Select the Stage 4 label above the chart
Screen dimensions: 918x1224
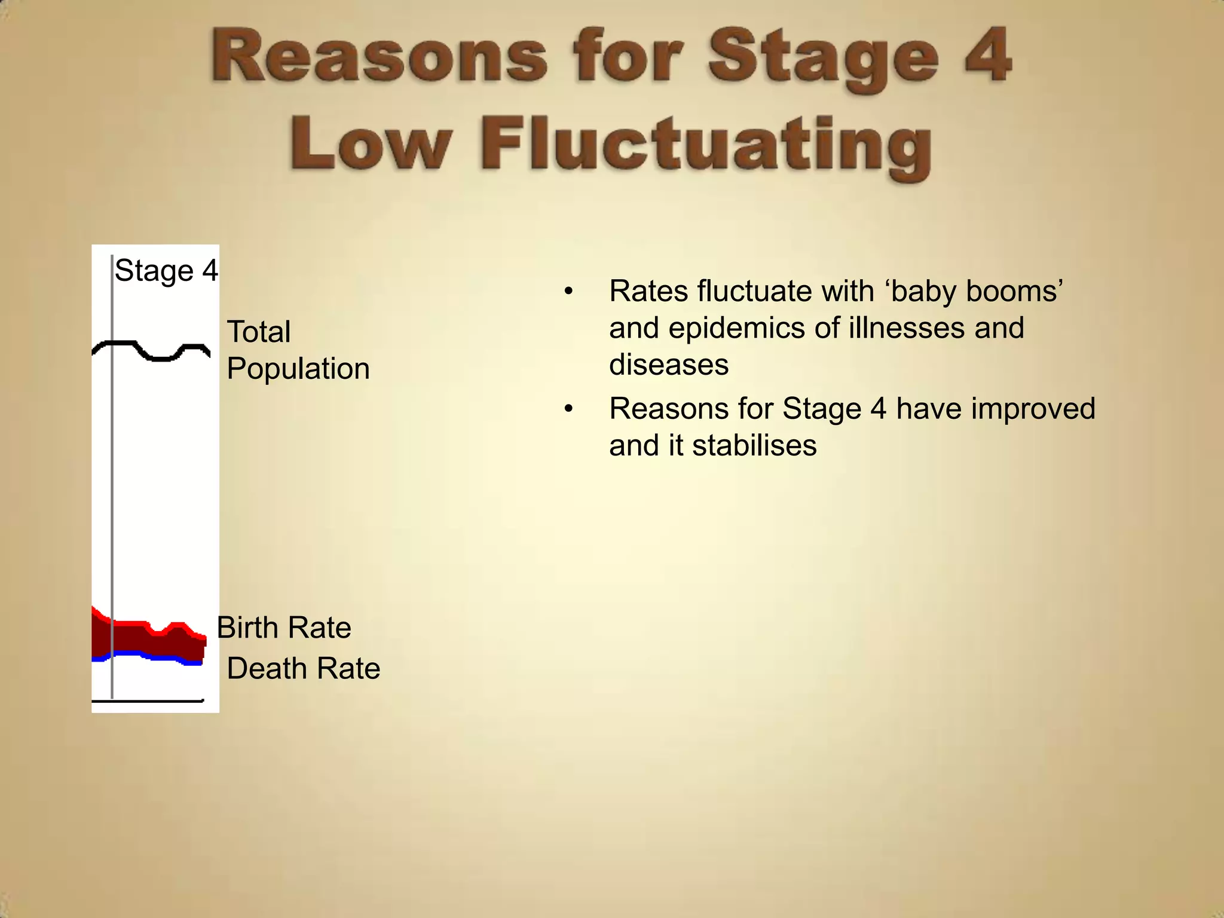pos(166,271)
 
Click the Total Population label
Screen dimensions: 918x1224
pos(298,350)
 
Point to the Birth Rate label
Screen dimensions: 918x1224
pos(284,628)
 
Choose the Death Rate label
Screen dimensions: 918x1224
pos(304,668)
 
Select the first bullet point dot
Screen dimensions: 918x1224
pos(568,292)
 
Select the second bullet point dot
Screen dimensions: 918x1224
pos(568,409)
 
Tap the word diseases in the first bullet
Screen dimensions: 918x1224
pos(669,365)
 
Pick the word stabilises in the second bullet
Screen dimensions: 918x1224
pos(754,446)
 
